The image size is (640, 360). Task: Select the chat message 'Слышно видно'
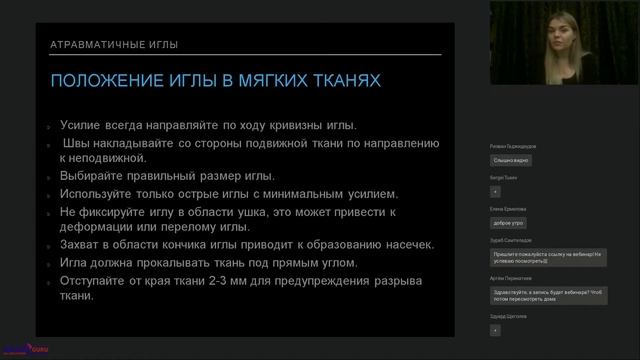[x=510, y=159]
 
